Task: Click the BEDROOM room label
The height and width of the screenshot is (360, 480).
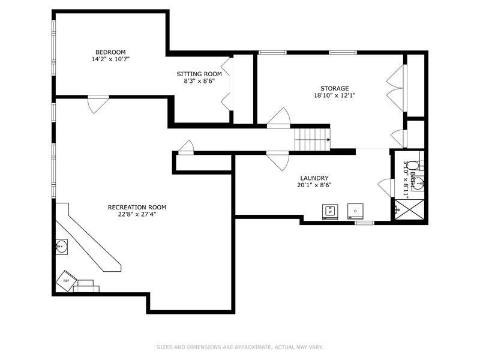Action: (110, 52)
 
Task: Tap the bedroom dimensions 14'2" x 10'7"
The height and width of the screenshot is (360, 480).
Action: (110, 59)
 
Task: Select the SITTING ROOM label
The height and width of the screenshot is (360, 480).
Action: (195, 74)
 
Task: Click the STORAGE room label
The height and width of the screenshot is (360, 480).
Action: (334, 88)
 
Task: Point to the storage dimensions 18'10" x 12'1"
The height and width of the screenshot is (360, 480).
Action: (334, 95)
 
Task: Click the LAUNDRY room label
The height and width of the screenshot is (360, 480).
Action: (314, 178)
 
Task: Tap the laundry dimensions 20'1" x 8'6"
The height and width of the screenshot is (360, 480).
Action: (314, 185)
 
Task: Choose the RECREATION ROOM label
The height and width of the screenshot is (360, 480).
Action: (137, 207)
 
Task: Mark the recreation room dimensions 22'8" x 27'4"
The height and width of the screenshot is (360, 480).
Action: (137, 214)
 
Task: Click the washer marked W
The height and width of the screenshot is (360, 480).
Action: (329, 211)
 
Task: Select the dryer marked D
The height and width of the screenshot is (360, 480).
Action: (355, 211)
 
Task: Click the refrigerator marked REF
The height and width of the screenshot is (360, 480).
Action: (66, 280)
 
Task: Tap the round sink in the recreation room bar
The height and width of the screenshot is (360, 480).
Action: (61, 245)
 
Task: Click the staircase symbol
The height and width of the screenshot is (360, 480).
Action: (312, 140)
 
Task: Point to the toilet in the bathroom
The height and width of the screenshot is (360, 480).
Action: (419, 184)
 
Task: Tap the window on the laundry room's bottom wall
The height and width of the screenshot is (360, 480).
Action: (364, 223)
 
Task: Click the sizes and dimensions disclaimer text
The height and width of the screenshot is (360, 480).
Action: (240, 347)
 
